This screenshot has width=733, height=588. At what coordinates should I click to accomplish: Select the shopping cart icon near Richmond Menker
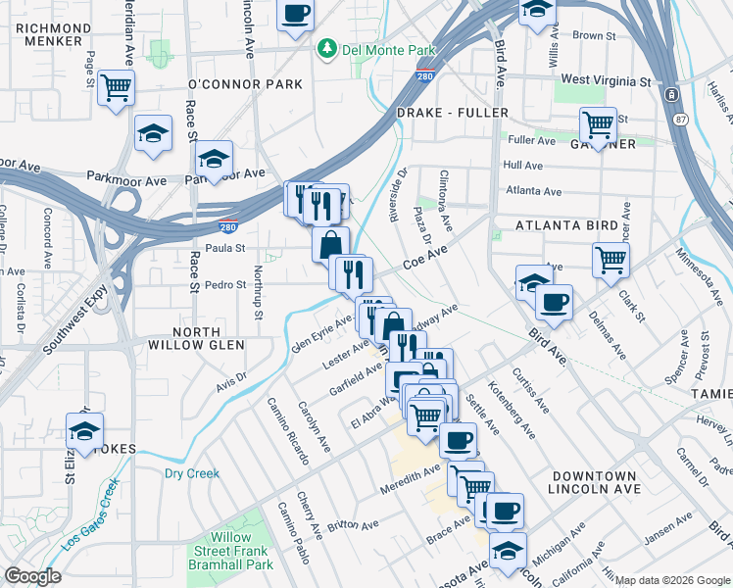click(117, 88)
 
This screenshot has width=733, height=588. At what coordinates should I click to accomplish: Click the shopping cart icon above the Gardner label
click(597, 124)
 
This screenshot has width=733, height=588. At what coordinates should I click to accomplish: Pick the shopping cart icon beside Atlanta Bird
click(611, 260)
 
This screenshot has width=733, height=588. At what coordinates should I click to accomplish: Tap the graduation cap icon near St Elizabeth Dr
click(85, 430)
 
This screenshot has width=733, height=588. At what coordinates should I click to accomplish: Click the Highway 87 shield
click(671, 94)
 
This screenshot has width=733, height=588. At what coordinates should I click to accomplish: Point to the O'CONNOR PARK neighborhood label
click(245, 84)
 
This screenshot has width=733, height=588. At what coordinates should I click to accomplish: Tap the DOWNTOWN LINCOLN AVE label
click(593, 481)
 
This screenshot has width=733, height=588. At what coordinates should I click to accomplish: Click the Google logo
click(32, 575)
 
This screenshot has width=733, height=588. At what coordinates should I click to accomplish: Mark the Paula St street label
click(224, 248)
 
